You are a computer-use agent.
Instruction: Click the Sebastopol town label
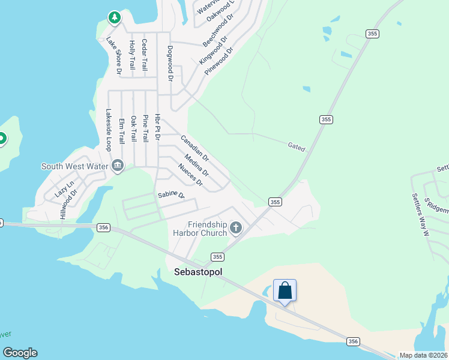tap(198, 272)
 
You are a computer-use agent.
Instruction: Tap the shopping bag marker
tap(285, 290)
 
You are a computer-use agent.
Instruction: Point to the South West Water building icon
tap(117, 166)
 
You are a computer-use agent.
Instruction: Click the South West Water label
tap(74, 166)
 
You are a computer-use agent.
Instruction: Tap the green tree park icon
tap(114, 18)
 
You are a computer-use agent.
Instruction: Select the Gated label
tap(297, 146)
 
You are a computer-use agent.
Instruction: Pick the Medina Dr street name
tap(196, 165)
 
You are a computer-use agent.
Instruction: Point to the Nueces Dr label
tap(191, 175)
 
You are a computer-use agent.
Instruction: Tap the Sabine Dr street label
tap(171, 195)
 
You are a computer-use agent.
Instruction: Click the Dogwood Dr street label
tap(170, 63)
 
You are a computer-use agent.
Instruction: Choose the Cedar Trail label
tap(144, 56)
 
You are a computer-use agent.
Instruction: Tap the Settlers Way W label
tap(420, 213)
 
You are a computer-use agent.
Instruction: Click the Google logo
tap(20, 353)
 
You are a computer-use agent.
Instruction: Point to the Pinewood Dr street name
tap(218, 61)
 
